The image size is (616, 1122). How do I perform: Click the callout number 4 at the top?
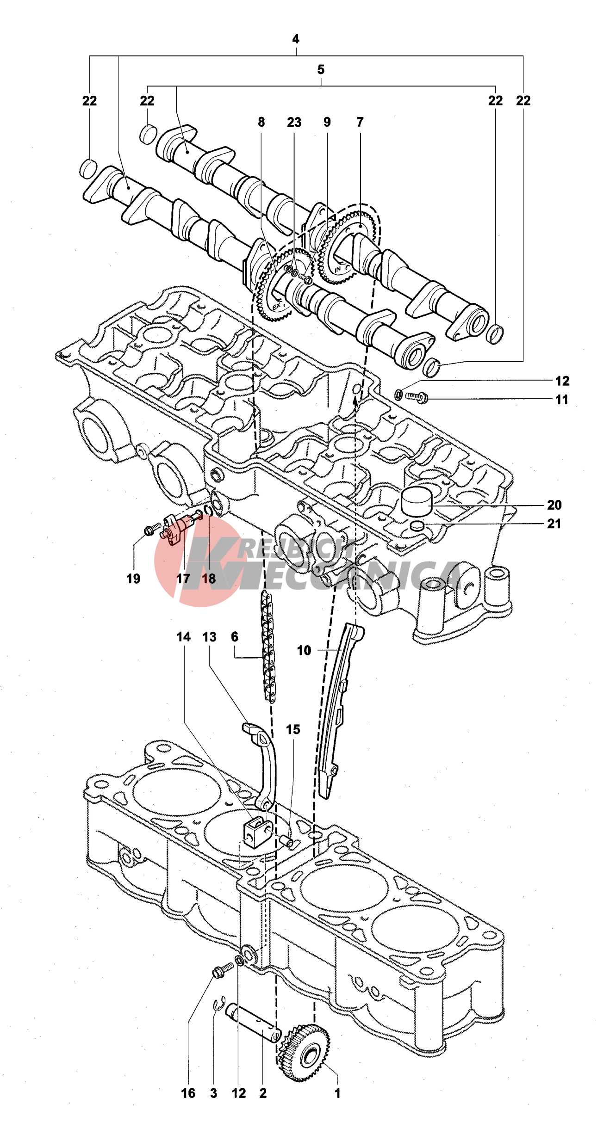click(296, 39)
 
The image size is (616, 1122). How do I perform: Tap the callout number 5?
click(321, 70)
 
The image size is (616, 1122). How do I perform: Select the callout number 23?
click(294, 123)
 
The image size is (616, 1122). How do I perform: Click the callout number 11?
click(561, 400)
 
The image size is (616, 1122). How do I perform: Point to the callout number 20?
click(554, 505)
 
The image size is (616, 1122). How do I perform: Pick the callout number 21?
click(554, 524)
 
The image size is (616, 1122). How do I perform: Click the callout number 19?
click(133, 579)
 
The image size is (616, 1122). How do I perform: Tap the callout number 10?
click(304, 650)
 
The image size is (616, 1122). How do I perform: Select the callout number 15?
click(292, 729)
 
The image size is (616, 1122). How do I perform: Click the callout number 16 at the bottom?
click(188, 1093)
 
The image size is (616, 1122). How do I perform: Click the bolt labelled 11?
click(416, 397)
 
